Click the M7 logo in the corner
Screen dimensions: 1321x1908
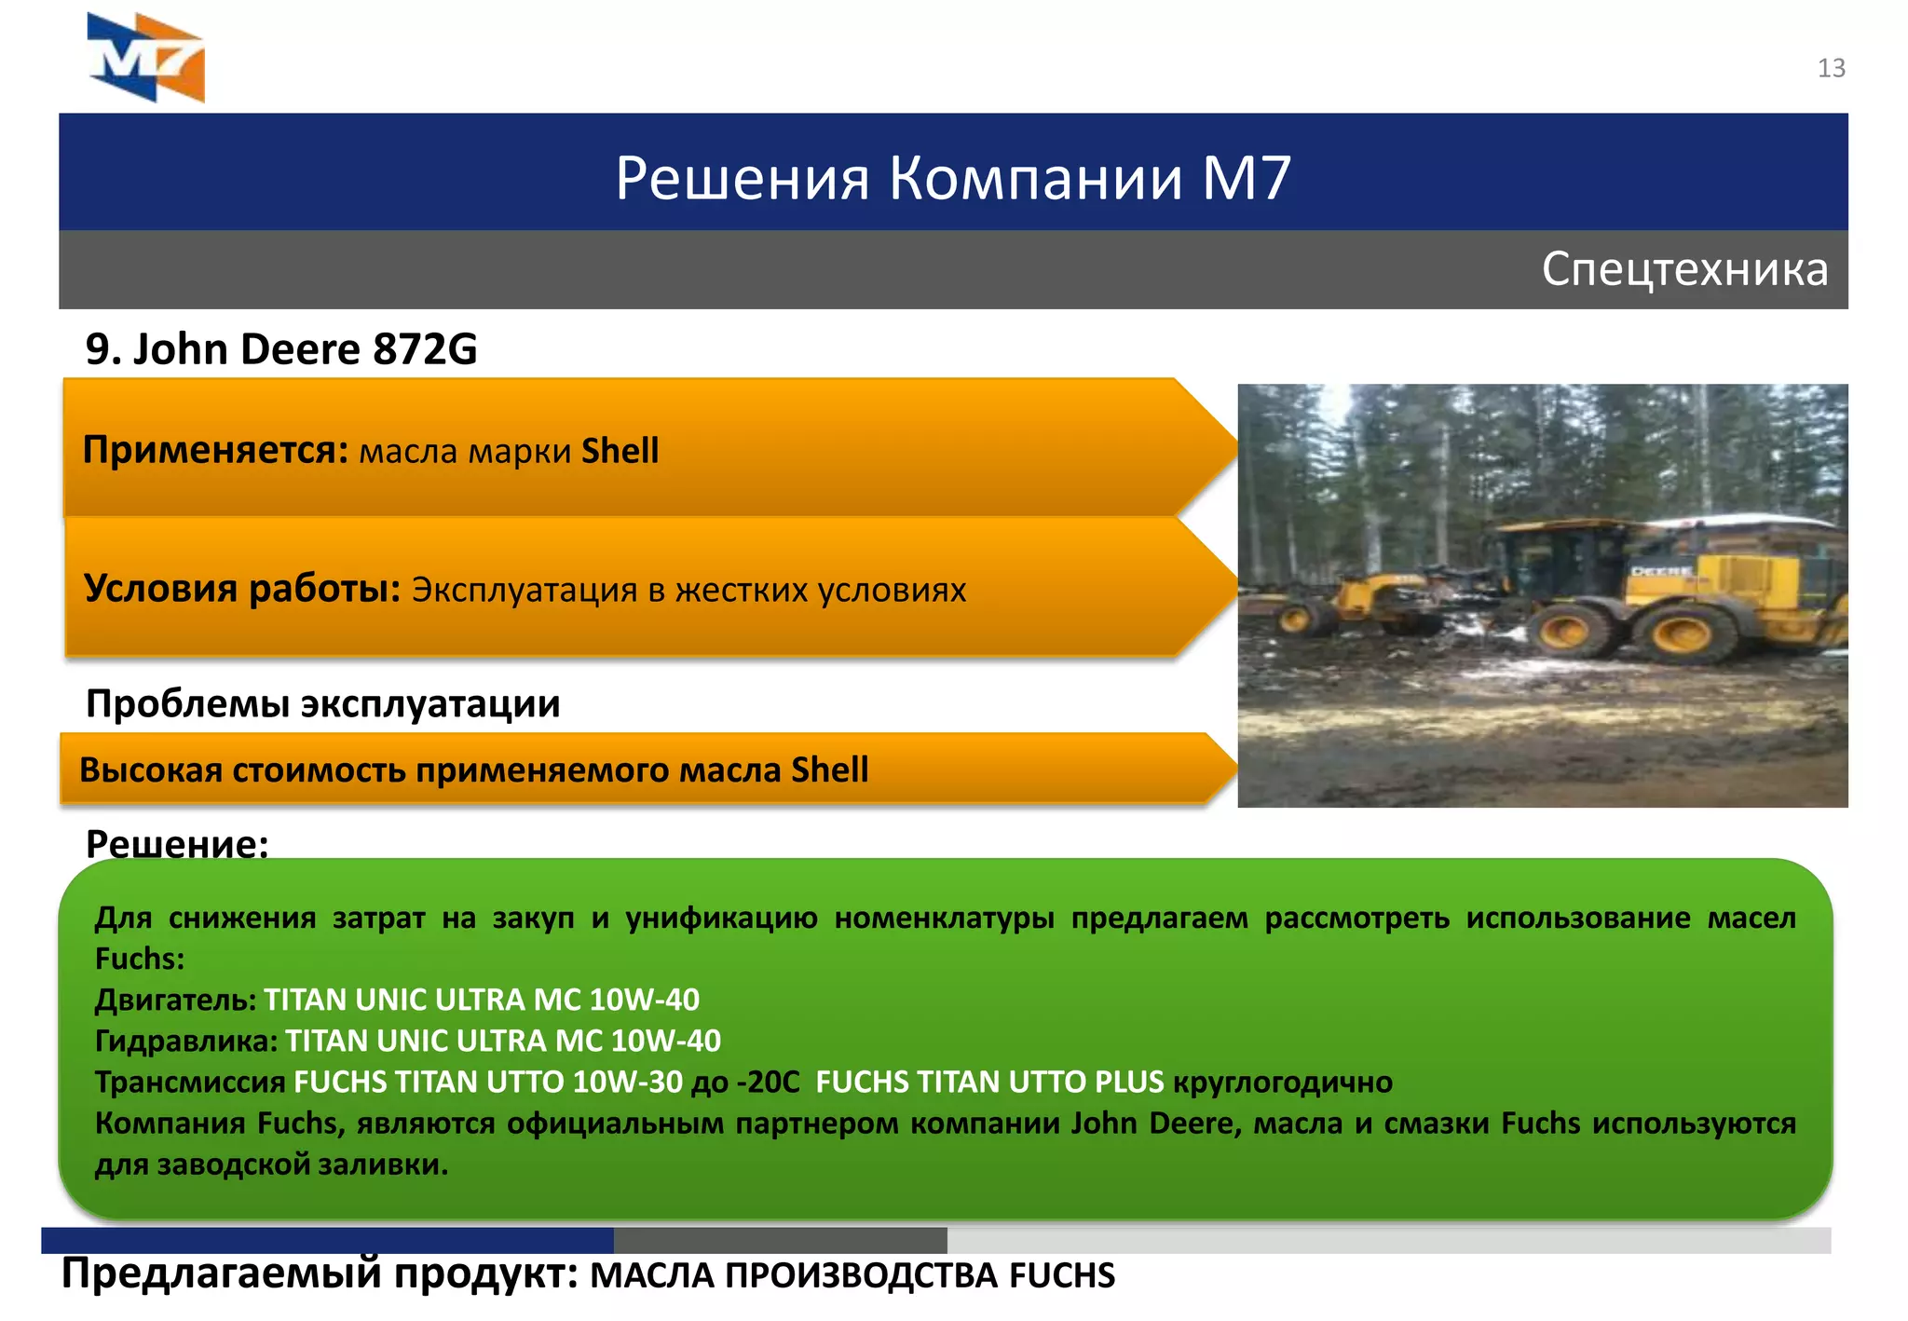(x=146, y=58)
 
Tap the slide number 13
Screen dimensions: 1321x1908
(x=1831, y=68)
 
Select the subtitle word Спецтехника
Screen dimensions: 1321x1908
(x=1684, y=269)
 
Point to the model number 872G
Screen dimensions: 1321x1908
(x=425, y=349)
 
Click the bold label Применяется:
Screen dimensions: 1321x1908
(x=215, y=450)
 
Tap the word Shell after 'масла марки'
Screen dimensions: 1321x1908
(x=620, y=451)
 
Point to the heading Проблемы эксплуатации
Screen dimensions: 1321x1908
(x=322, y=703)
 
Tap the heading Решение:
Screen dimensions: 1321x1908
(x=177, y=842)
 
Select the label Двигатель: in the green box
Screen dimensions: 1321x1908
(x=175, y=1000)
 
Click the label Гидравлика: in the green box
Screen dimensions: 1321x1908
(x=186, y=1041)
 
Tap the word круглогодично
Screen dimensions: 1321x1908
(x=1283, y=1082)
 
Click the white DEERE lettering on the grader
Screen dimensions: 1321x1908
(x=1662, y=570)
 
